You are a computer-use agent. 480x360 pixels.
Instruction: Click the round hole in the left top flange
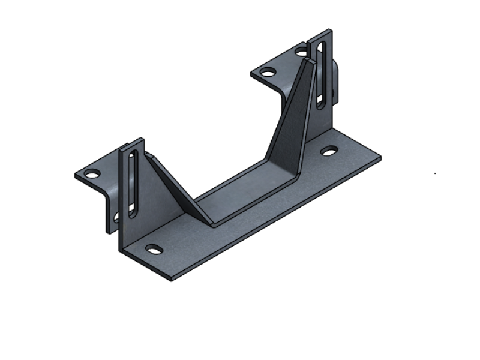pyautogui.click(x=92, y=174)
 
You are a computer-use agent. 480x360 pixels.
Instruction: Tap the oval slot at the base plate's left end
pyautogui.click(x=154, y=249)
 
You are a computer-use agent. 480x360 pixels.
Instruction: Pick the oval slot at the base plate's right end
pyautogui.click(x=328, y=151)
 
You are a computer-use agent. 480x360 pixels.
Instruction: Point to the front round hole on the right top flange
pyautogui.click(x=268, y=72)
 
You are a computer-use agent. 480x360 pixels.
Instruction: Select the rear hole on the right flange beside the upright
pyautogui.click(x=300, y=52)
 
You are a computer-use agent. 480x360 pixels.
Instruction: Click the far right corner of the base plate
pyautogui.click(x=379, y=159)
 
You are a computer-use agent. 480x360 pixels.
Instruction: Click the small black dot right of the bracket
pyautogui.click(x=435, y=174)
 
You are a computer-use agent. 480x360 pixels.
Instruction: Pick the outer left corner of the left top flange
pyautogui.click(x=76, y=176)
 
